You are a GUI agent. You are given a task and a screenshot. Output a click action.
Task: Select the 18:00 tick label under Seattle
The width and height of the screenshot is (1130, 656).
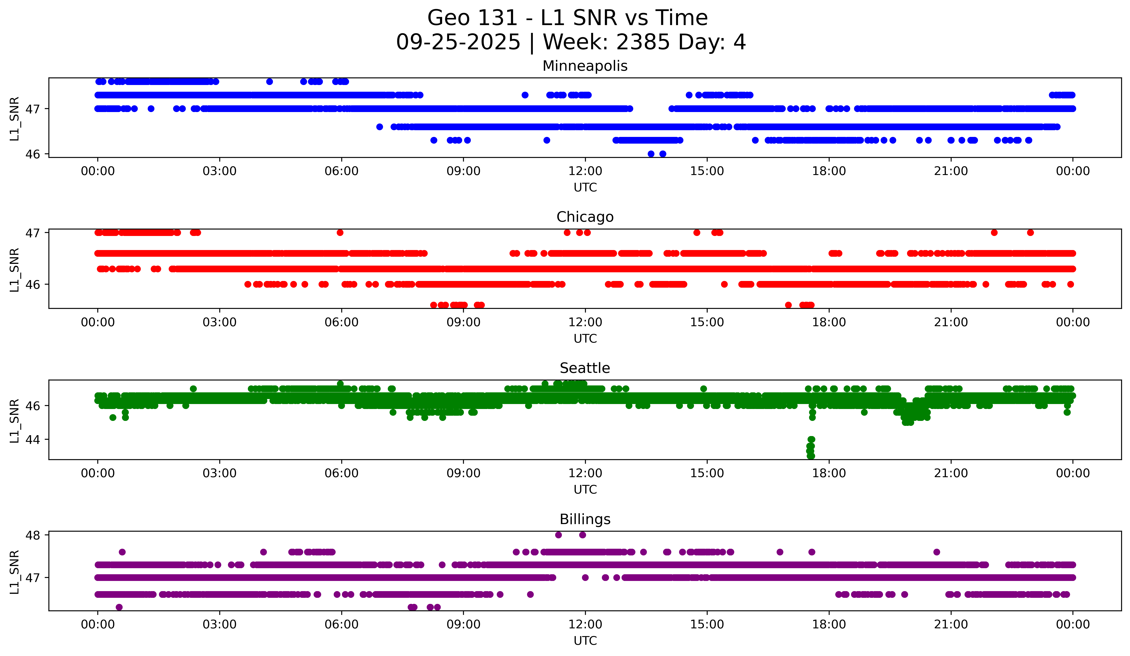point(829,473)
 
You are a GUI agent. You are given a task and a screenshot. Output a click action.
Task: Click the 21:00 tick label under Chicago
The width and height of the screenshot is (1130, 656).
point(951,322)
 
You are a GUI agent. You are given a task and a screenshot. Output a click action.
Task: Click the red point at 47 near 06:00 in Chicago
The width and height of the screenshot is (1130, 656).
point(340,233)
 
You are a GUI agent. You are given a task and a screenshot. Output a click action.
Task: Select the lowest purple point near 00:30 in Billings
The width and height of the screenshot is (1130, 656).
point(119,607)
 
